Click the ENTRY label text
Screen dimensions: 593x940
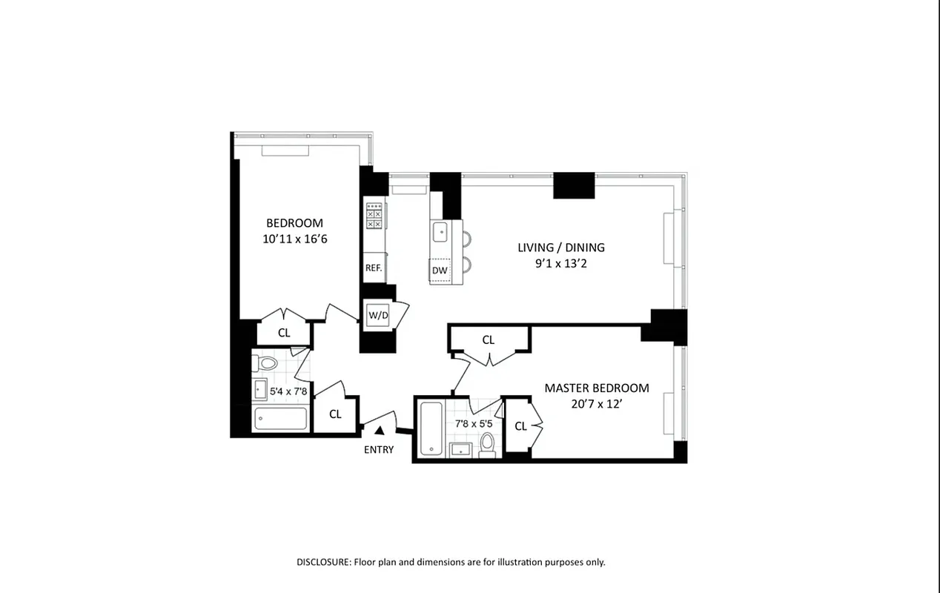(379, 449)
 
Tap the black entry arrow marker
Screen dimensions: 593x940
(380, 430)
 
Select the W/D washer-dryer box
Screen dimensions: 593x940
(378, 315)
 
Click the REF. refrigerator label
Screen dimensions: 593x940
(373, 268)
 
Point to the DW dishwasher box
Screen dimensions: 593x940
(440, 271)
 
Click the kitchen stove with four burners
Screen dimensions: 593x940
(374, 215)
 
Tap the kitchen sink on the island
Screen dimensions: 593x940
(440, 231)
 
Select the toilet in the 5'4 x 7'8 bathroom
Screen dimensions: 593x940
(265, 363)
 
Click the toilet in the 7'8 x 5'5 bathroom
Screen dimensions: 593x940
(487, 443)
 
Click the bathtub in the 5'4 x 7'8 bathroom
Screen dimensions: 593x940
(280, 419)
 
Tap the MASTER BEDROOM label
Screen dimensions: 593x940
(596, 388)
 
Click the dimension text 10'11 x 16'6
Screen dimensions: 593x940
(294, 239)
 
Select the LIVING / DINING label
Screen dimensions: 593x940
(561, 248)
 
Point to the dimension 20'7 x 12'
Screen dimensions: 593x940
(596, 404)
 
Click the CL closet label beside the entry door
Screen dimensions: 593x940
(335, 414)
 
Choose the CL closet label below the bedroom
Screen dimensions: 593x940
(284, 333)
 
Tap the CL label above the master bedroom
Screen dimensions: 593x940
(488, 339)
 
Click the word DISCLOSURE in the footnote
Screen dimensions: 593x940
(323, 562)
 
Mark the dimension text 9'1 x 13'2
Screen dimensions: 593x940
(561, 264)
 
